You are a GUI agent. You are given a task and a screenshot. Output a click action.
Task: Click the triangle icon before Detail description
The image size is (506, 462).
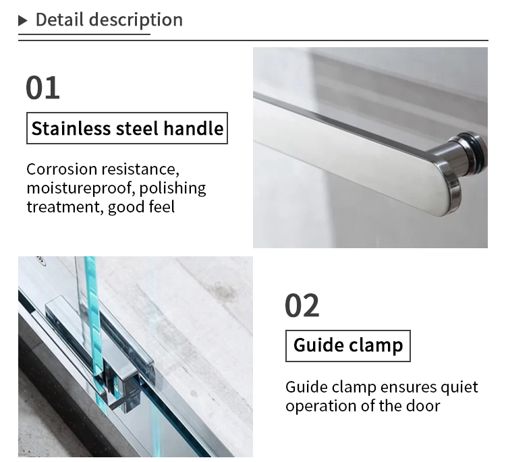(23, 21)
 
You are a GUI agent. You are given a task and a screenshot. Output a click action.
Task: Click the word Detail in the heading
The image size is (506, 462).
(55, 20)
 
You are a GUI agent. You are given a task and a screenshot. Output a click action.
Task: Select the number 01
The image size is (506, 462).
(43, 88)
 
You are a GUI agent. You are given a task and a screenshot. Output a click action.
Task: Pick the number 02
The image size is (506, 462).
(302, 306)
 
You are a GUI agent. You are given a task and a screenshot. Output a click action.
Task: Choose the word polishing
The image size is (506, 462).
(173, 188)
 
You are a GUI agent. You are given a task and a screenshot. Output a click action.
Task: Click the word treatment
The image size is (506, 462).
(64, 206)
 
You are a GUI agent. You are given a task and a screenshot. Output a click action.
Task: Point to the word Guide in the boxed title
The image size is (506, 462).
(318, 346)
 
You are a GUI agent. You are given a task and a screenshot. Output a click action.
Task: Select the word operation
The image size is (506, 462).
(320, 406)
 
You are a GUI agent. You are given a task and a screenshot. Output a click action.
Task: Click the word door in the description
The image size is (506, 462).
(425, 406)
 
